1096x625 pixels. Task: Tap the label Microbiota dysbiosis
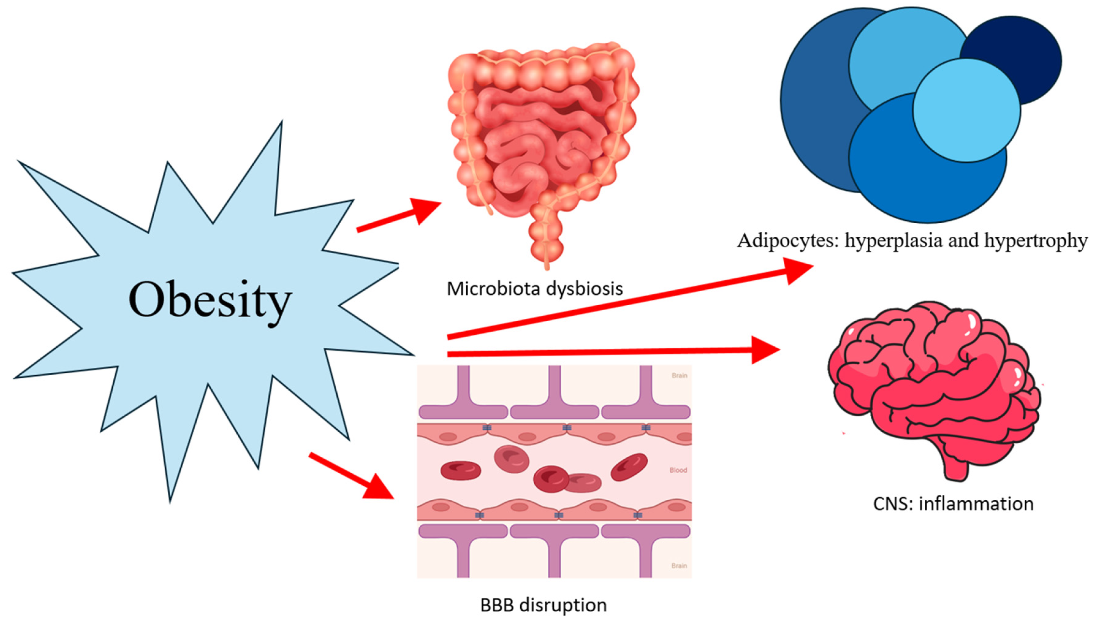point(534,288)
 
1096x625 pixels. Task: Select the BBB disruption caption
point(543,605)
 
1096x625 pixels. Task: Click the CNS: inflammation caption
point(953,504)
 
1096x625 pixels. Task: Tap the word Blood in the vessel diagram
point(678,470)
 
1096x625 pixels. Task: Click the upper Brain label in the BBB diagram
point(679,376)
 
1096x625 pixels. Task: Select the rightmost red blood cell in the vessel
point(629,466)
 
